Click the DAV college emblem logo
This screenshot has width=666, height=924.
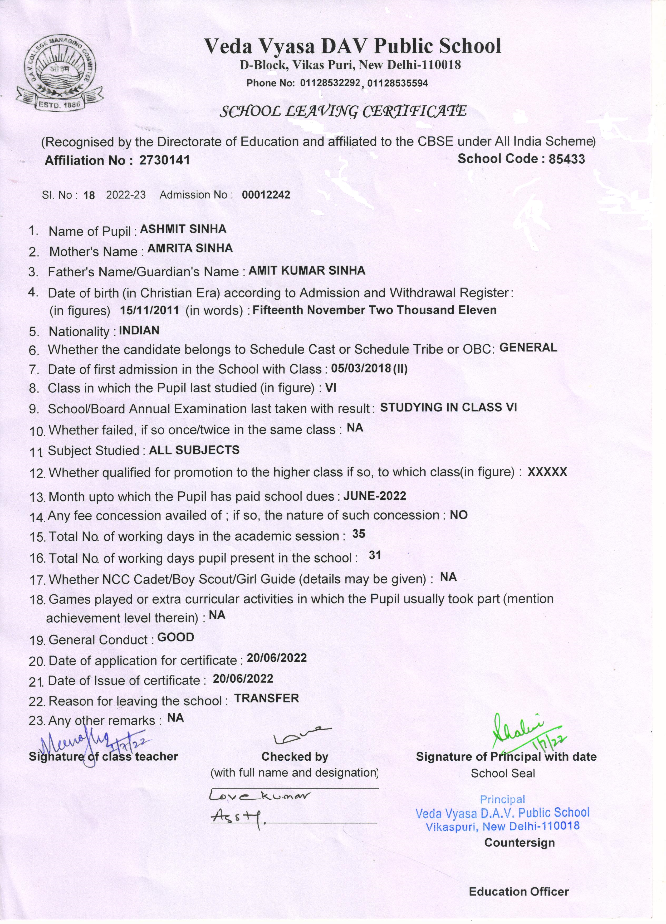pos(60,75)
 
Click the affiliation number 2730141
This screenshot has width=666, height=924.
pos(165,160)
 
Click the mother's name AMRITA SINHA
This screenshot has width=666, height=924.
pos(190,248)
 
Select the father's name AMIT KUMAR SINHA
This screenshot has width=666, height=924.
pos(307,271)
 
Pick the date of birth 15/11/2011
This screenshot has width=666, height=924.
pos(149,310)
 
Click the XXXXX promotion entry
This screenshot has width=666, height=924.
pos(547,472)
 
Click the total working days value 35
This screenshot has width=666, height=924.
pos(359,534)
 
